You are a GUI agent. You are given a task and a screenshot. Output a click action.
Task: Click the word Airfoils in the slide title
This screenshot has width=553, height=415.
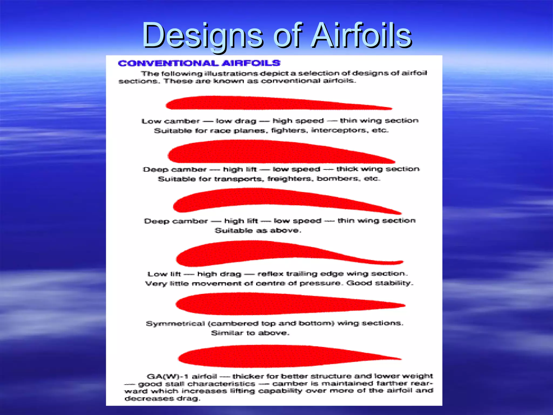(x=361, y=36)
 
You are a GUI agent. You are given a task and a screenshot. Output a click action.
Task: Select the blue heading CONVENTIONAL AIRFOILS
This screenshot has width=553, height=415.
(x=199, y=63)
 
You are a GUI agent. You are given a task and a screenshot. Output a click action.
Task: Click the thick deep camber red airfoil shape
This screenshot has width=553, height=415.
(x=270, y=152)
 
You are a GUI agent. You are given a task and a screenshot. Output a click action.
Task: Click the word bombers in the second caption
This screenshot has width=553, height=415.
(x=338, y=179)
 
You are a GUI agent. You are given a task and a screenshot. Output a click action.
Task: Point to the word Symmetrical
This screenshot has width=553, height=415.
(x=175, y=323)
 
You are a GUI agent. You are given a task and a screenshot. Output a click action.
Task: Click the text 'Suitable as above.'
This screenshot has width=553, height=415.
(x=258, y=230)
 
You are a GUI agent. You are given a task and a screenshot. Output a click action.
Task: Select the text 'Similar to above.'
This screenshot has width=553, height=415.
(x=250, y=333)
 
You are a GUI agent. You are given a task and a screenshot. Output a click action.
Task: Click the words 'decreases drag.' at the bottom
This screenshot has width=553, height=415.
(x=162, y=399)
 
